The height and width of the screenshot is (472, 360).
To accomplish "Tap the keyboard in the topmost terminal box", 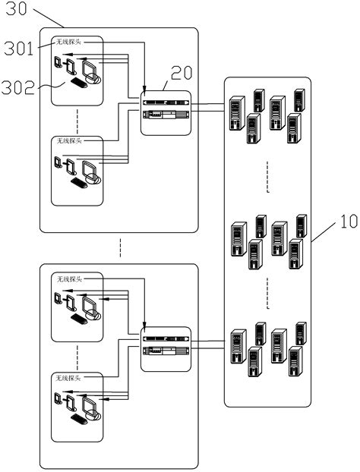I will point(78,82).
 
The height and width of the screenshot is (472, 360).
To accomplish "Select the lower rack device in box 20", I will point(166,115).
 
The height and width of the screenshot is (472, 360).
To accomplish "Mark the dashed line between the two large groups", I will point(118,247).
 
